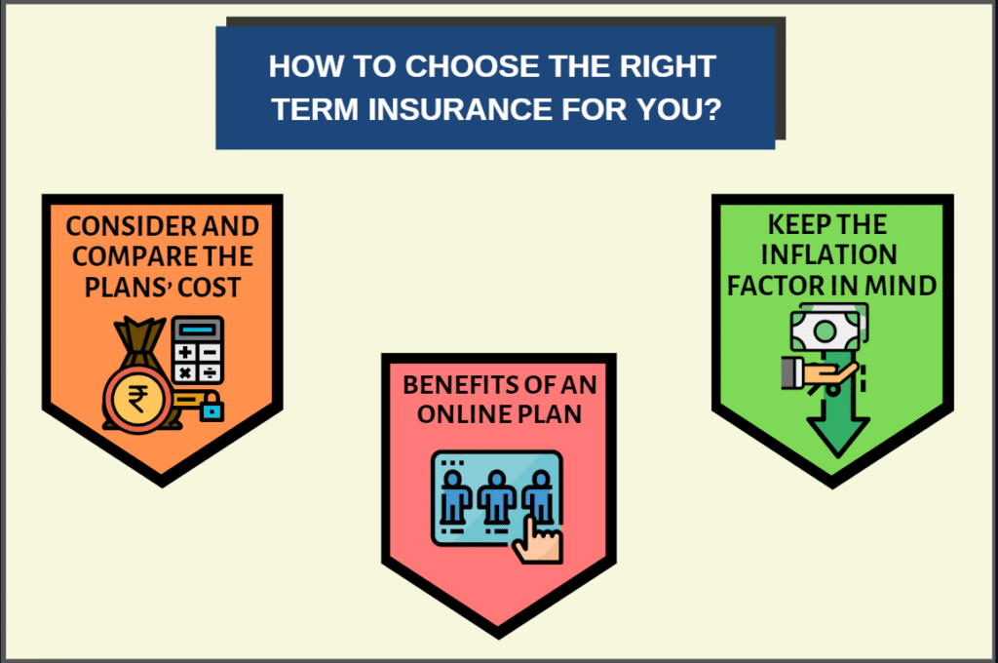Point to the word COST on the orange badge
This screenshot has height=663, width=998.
pyautogui.click(x=209, y=288)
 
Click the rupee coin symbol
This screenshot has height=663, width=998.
pyautogui.click(x=137, y=400)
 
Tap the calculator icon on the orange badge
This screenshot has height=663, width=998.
pyautogui.click(x=198, y=349)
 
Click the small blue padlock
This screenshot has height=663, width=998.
pyautogui.click(x=211, y=408)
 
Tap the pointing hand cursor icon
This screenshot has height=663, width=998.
pyautogui.click(x=537, y=541)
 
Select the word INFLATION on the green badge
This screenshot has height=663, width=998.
pyautogui.click(x=828, y=254)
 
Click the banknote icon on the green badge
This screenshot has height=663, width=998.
pyautogui.click(x=826, y=329)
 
